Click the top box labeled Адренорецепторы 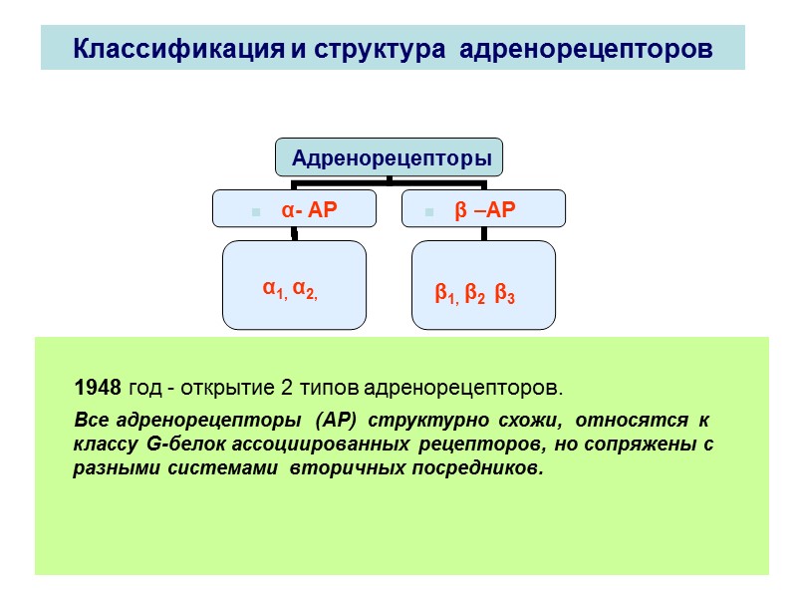pos(390,157)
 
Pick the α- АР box pos(295,209)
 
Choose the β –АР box pos(483,209)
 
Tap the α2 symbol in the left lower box pos(304,288)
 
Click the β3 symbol pos(504,294)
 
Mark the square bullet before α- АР pos(256,212)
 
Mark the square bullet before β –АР pos(429,212)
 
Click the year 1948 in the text pos(98,387)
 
